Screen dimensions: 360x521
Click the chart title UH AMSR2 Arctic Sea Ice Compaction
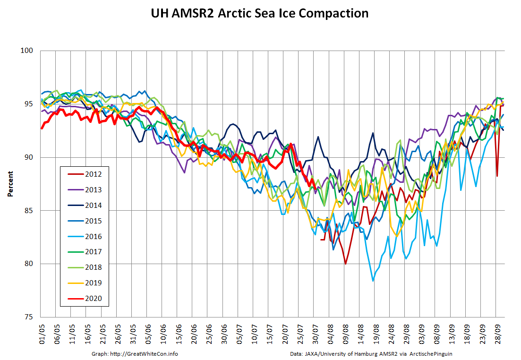click(259, 13)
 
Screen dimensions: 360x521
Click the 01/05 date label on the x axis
click(42, 331)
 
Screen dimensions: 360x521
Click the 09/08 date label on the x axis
click(345, 331)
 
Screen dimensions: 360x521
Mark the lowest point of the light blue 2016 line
click(373, 281)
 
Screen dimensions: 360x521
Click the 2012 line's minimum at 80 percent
click(345, 264)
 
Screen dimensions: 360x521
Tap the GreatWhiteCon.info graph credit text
click(137, 353)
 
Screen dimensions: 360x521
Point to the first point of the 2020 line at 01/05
click(42, 128)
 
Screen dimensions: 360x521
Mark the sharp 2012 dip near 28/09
click(497, 176)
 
